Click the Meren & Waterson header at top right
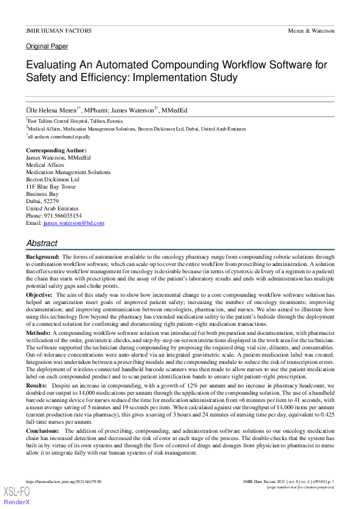[x=310, y=30]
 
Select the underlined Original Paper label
[x=47, y=47]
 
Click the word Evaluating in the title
[x=51, y=65]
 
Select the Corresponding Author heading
[x=56, y=150]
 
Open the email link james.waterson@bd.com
[x=73, y=222]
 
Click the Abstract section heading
[x=42, y=243]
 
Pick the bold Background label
[x=42, y=257]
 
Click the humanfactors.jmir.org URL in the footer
[x=64, y=481]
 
